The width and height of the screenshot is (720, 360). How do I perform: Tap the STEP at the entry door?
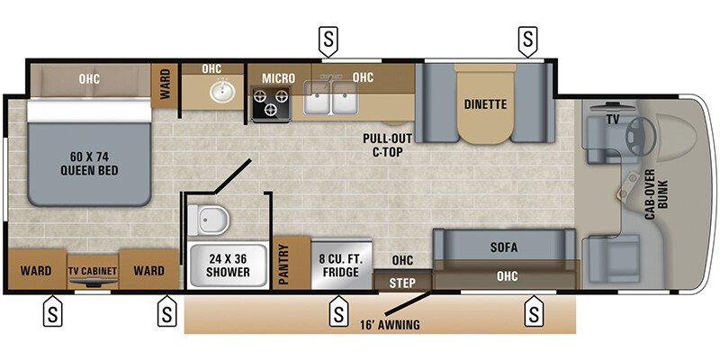tap(402, 283)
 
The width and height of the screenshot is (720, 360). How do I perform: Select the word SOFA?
tap(503, 245)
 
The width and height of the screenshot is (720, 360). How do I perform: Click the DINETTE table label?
tap(486, 104)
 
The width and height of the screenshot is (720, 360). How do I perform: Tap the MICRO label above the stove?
tap(278, 78)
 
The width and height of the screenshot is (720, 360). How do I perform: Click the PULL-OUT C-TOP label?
tap(388, 144)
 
